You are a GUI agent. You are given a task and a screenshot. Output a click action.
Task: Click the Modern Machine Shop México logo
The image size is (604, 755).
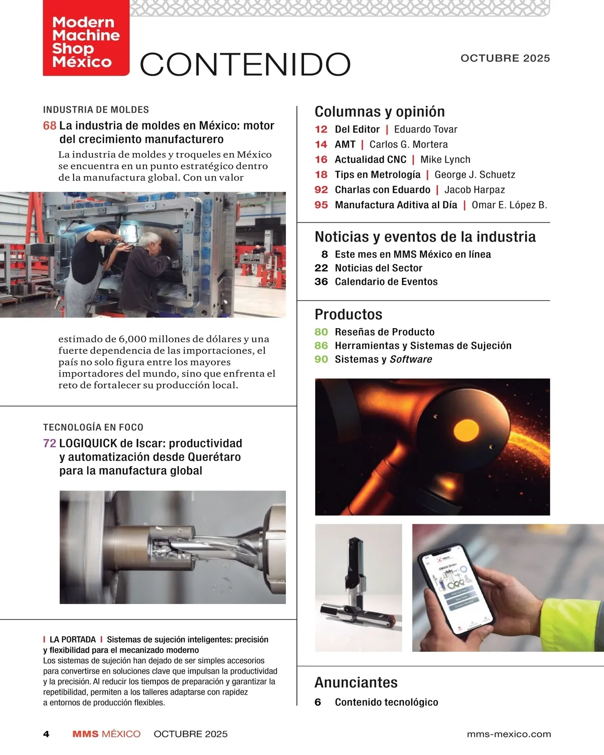[86, 41]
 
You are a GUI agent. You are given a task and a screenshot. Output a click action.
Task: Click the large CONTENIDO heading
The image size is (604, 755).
[245, 64]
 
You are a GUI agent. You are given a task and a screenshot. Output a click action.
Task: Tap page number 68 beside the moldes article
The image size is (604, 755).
[49, 126]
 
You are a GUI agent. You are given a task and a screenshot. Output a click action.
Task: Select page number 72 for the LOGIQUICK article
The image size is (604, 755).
[49, 443]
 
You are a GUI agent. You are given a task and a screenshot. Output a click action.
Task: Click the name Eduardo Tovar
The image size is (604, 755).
[425, 129]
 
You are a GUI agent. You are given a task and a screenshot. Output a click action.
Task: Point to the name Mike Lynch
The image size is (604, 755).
[445, 160]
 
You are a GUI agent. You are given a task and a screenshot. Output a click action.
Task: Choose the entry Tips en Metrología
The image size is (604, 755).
[377, 175]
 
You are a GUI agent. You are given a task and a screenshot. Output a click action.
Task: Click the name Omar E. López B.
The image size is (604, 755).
[509, 205]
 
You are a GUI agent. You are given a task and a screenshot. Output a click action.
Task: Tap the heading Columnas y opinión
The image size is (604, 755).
[380, 112]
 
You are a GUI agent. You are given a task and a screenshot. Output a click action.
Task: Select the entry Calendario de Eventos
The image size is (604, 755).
[386, 282]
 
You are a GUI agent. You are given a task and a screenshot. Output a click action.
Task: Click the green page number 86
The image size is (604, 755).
[321, 346]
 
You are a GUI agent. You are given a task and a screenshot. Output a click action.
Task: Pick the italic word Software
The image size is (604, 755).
[411, 359]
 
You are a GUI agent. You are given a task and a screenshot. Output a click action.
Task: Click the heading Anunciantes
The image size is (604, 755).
[356, 683]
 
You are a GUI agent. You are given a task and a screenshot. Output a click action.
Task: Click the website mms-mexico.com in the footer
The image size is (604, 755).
[508, 734]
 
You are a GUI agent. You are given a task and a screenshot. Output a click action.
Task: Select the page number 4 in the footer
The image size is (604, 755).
[46, 734]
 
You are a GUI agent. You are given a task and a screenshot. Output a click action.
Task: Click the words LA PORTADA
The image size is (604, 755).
[72, 640]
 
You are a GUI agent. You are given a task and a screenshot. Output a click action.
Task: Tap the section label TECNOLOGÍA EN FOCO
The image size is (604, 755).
[93, 427]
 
